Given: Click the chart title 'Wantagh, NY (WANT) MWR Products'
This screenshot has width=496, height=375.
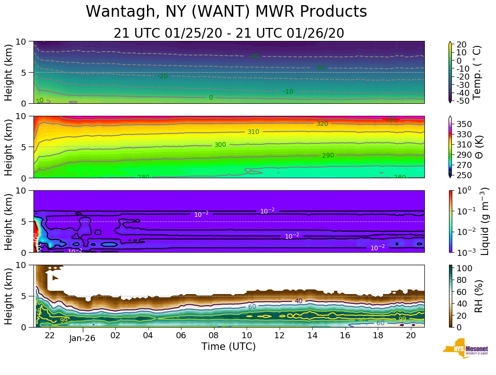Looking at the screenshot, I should tap(226, 12).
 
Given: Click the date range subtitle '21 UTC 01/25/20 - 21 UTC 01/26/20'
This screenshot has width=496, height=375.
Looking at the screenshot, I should tap(228, 33).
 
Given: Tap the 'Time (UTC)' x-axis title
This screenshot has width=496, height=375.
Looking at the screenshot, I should tap(228, 347).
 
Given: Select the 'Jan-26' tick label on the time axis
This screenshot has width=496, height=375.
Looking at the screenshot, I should tap(82, 338).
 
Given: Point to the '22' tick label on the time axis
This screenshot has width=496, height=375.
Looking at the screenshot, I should tap(50, 335).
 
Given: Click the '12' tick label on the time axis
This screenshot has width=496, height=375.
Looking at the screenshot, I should tap(280, 335).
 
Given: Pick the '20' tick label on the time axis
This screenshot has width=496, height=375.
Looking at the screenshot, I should tap(411, 335).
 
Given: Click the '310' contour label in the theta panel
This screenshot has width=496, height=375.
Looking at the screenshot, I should tap(253, 132).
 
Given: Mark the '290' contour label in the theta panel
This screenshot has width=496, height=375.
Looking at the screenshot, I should tap(328, 155).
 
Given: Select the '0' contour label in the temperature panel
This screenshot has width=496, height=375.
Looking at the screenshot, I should tap(211, 98).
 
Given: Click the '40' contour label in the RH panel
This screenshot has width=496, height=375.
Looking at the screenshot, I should tap(298, 301).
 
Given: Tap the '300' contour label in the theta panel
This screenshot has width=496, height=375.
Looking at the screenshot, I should tap(220, 145).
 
